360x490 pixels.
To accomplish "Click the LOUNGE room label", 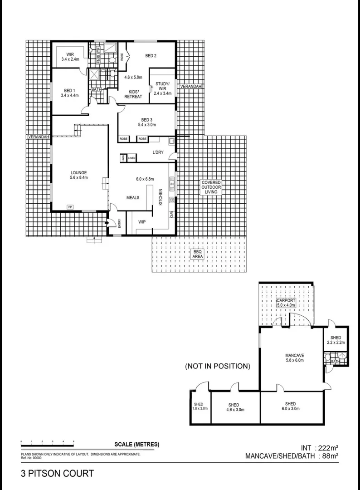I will (x=78, y=172).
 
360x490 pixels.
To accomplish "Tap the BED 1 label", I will (x=69, y=90).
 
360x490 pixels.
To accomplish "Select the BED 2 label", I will (x=151, y=56).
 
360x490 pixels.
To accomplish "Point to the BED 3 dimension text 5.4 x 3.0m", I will (x=147, y=124).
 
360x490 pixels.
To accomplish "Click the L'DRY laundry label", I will (x=158, y=152).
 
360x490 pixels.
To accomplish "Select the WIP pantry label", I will (x=141, y=223).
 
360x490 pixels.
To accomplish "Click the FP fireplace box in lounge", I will (x=70, y=207).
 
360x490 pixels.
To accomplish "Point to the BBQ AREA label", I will (x=197, y=254).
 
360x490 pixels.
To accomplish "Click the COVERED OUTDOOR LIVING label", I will (x=211, y=187).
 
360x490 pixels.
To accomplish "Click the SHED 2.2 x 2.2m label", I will (x=336, y=340).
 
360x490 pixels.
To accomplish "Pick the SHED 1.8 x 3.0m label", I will (x=199, y=406).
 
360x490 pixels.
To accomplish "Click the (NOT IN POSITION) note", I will (x=217, y=366).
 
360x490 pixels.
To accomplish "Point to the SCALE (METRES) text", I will (x=136, y=444).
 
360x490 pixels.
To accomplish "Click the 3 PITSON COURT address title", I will (x=58, y=474).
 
